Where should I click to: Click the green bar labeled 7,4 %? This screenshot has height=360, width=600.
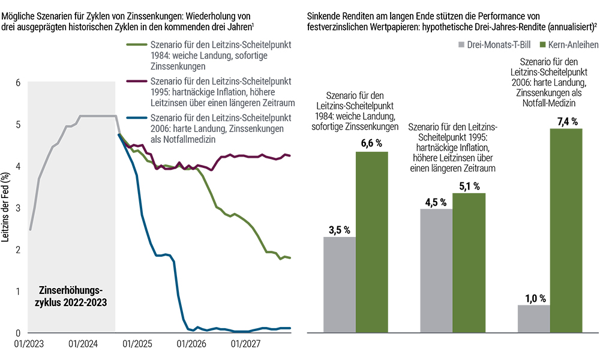(x=566, y=231)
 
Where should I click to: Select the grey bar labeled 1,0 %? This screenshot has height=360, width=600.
(x=533, y=319)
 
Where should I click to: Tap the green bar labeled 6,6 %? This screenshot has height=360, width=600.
(x=372, y=242)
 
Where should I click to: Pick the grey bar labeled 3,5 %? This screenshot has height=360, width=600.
(x=340, y=285)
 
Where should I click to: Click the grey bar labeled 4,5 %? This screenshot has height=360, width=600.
(x=436, y=271)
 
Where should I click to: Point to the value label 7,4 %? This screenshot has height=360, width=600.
(x=566, y=121)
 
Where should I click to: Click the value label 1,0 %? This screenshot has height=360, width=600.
(x=533, y=297)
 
